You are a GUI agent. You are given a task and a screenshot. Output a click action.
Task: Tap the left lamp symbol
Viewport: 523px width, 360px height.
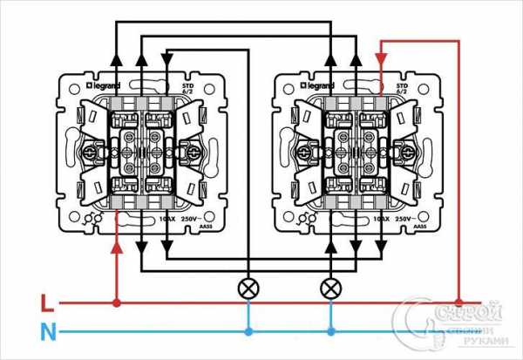248,286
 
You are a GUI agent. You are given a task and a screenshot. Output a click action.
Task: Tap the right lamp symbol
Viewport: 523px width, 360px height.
330,286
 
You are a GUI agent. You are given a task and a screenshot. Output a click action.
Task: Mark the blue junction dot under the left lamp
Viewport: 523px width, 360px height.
248,331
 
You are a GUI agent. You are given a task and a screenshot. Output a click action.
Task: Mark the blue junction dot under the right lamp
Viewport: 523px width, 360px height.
330,331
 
